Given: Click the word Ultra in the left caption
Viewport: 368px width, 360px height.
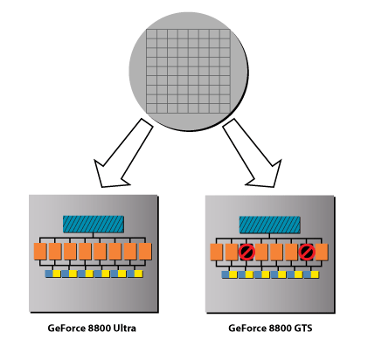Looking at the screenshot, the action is (x=124, y=329).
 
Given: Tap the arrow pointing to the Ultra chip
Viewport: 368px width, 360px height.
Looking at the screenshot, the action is (x=123, y=153).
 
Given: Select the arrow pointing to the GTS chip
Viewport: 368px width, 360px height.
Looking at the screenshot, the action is (x=252, y=153).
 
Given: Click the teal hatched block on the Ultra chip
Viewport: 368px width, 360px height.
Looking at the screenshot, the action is (x=94, y=224).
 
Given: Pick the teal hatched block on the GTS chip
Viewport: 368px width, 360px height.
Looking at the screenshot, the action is (x=270, y=225).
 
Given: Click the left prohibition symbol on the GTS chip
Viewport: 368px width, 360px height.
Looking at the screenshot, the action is (x=246, y=252).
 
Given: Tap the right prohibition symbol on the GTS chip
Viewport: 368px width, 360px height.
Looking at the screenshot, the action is (x=307, y=252).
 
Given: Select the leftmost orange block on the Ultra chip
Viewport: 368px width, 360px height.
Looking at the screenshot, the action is (x=40, y=252).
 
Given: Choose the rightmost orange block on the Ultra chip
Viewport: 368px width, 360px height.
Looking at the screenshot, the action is (x=145, y=252).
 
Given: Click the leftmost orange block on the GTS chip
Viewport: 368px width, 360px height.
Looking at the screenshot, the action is (x=217, y=252).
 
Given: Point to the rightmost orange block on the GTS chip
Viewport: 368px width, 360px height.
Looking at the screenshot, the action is (x=322, y=252).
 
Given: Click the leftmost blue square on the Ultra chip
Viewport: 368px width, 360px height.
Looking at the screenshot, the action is (x=49, y=273).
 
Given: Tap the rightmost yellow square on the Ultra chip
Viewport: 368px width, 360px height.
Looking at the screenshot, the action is (x=139, y=273).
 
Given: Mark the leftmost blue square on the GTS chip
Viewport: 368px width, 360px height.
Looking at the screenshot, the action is (x=226, y=274).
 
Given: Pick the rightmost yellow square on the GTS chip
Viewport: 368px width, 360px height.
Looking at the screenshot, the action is (x=315, y=274).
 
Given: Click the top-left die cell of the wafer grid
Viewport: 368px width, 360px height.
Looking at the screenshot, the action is (x=151, y=34).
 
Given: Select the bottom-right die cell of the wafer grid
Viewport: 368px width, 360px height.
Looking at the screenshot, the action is (x=225, y=108).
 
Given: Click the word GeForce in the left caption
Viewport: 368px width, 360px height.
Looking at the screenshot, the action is (x=66, y=329).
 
